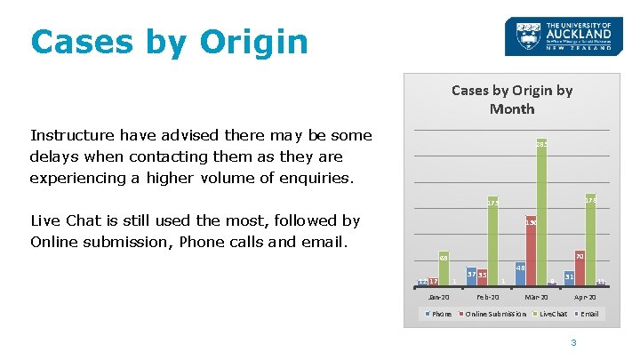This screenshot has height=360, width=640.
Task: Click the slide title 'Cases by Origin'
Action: click(169, 41)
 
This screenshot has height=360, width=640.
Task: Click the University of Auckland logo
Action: click(558, 37)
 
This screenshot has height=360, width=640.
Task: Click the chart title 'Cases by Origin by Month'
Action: click(512, 100)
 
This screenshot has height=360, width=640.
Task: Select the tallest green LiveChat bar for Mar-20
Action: click(541, 213)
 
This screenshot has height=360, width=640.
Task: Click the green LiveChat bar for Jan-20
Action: click(443, 270)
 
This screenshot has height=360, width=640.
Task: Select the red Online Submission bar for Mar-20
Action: click(531, 252)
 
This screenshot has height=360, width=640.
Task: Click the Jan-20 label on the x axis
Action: click(438, 296)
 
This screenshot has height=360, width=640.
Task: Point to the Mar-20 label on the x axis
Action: click(536, 296)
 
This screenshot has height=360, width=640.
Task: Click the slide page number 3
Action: click(574, 343)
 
